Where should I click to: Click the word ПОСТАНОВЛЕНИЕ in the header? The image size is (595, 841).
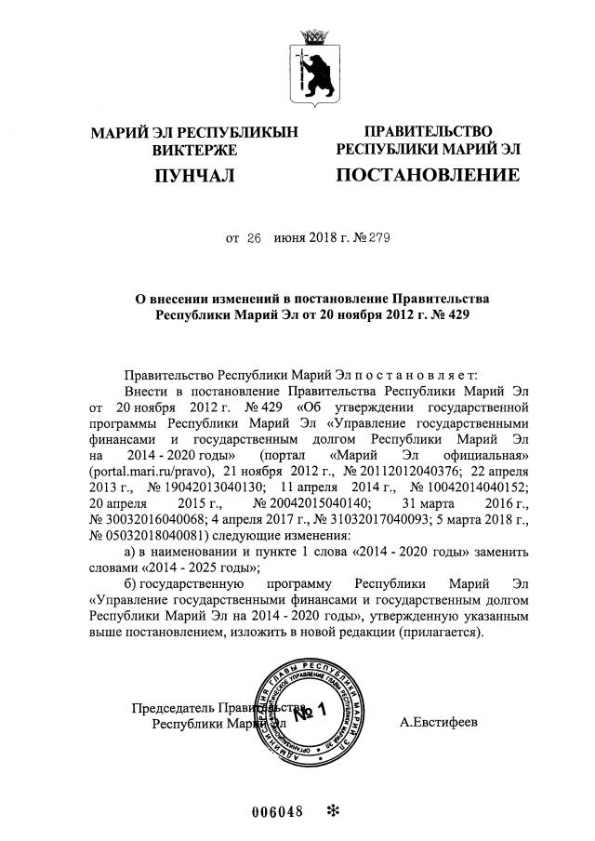pyautogui.click(x=428, y=175)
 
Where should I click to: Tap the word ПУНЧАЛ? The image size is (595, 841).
pyautogui.click(x=194, y=175)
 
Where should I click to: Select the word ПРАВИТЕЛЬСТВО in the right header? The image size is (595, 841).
pyautogui.click(x=428, y=132)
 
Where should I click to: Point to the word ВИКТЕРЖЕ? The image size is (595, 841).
pyautogui.click(x=194, y=149)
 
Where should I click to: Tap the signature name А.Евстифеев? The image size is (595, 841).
pyautogui.click(x=438, y=721)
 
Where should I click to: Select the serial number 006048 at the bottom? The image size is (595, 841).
pyautogui.click(x=278, y=810)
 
